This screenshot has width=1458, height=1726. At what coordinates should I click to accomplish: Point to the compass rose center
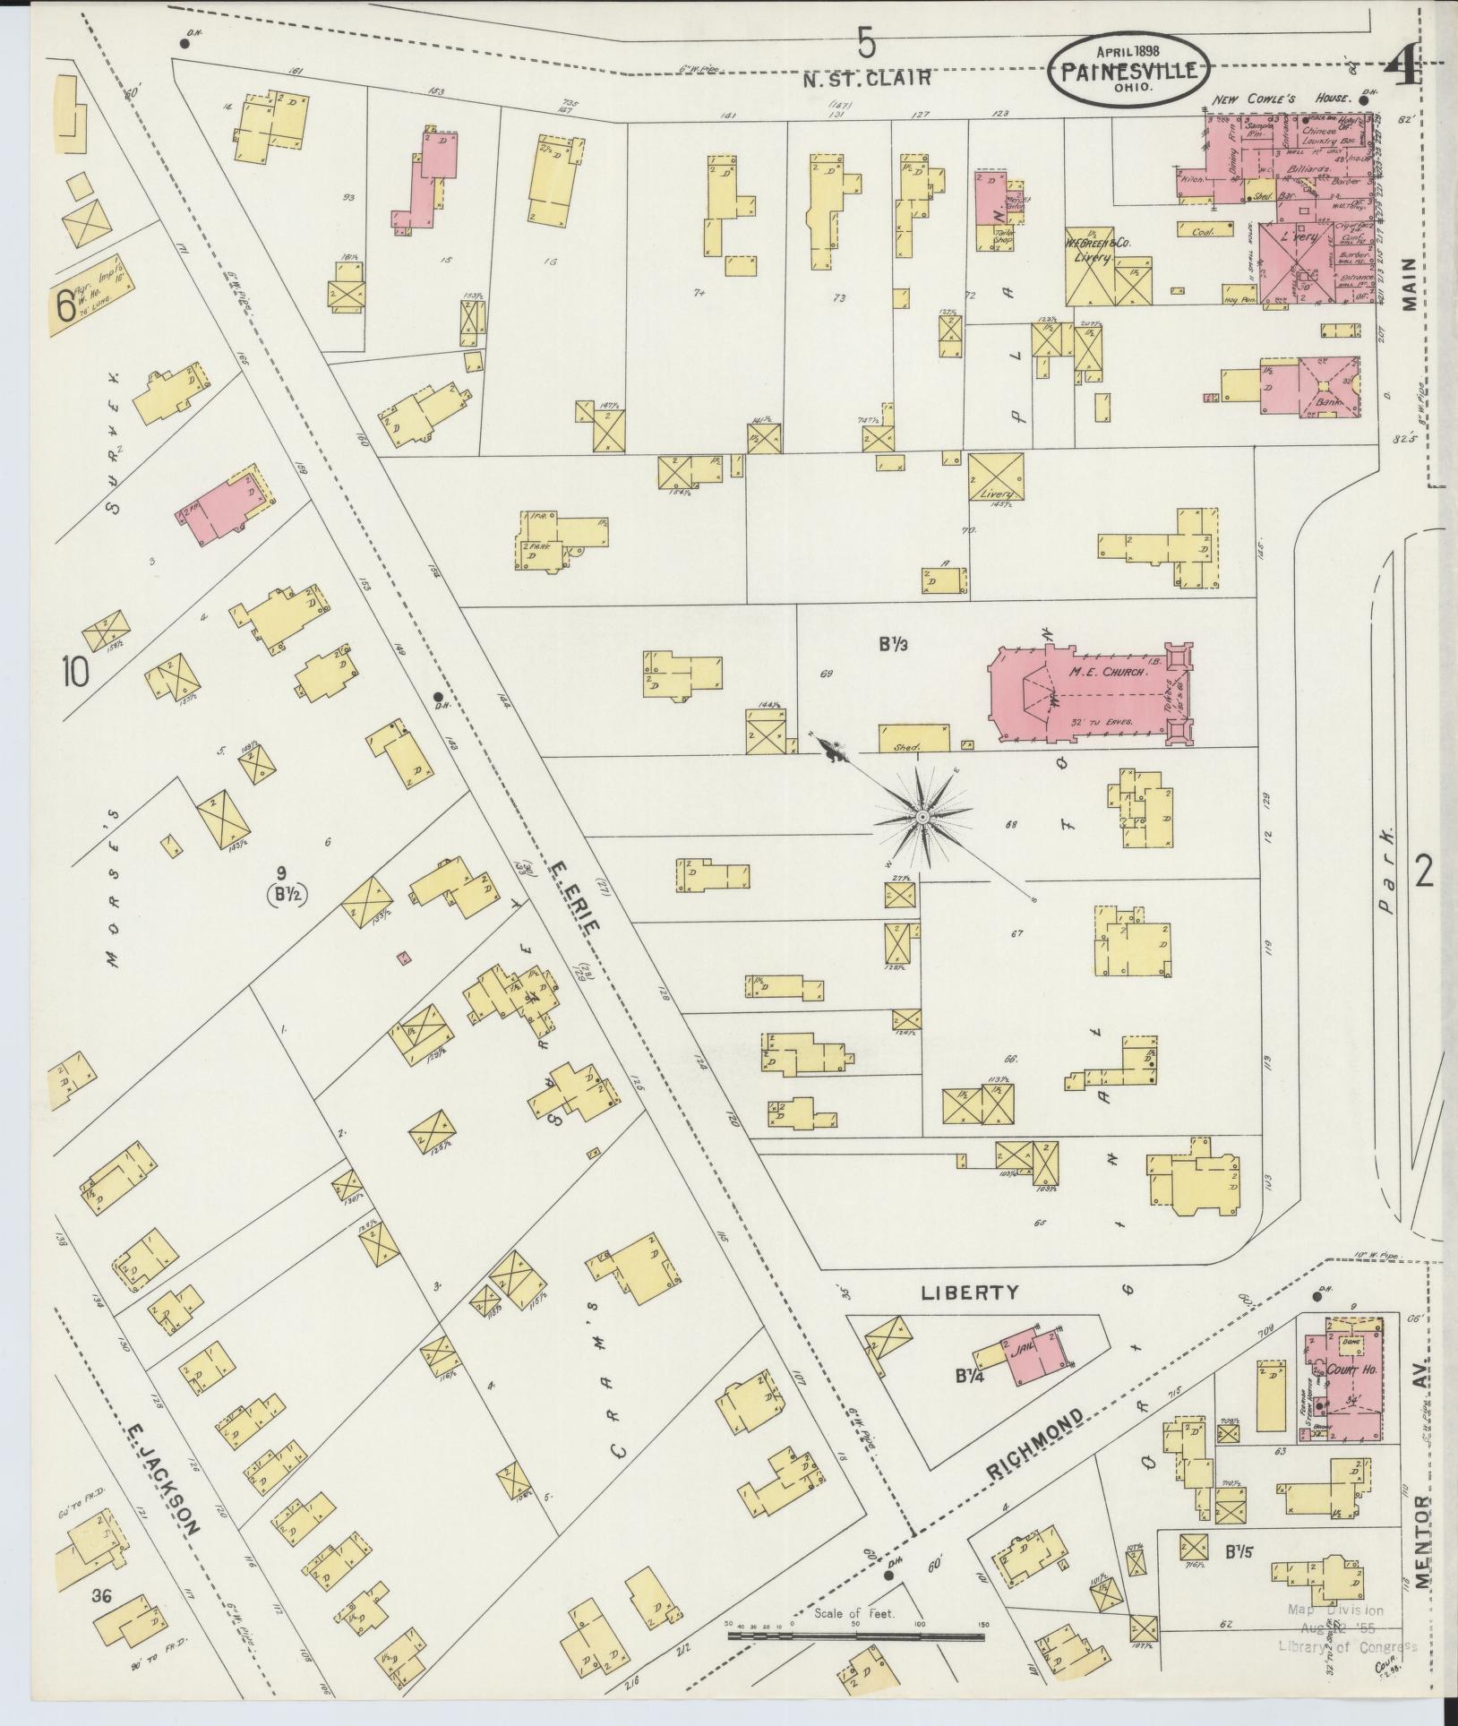pos(922,818)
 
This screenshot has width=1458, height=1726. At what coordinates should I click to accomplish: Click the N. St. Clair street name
pos(867,79)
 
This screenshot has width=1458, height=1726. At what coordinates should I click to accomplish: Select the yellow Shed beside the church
pos(913,738)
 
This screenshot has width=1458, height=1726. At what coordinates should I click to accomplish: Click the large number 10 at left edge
pos(75,672)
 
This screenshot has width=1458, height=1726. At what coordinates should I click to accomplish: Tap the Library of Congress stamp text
pos(1348,1646)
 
